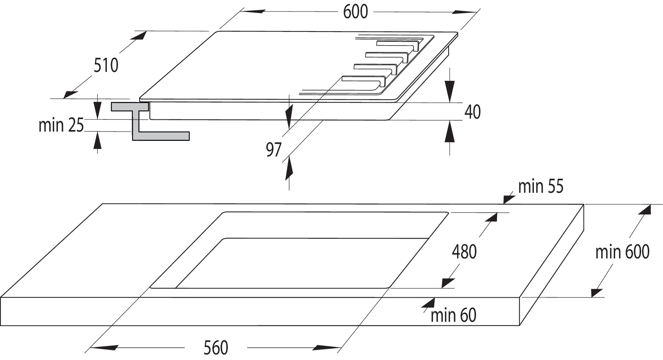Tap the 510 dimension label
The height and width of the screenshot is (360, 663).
click(106, 65)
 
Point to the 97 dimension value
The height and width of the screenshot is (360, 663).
click(274, 150)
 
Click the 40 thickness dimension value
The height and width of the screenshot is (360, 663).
click(472, 112)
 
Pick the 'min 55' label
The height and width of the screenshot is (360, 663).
click(541, 186)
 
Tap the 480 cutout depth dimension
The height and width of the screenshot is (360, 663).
click(464, 251)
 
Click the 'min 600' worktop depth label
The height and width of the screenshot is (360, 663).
click(622, 252)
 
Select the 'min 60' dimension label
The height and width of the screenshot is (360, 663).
click(453, 316)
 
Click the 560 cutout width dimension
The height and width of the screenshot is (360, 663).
click(216, 348)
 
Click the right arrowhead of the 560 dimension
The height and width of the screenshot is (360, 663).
click(325, 348)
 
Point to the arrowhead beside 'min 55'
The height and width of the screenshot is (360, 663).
click(508, 198)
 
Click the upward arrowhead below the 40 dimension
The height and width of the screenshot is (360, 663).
click(450, 132)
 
